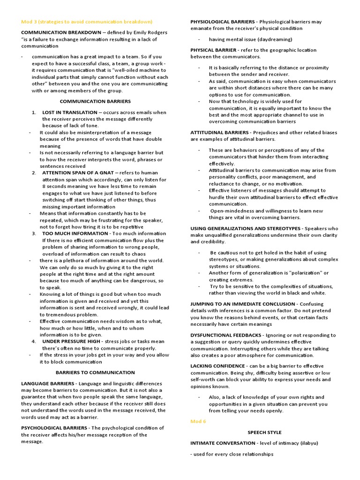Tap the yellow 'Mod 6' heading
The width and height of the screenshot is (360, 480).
point(198,421)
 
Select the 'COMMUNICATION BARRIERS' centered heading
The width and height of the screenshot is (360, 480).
point(95,101)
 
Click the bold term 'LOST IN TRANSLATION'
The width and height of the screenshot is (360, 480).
point(69,112)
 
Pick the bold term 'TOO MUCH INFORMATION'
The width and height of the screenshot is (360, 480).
point(75,233)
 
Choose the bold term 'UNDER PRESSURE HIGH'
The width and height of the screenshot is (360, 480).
point(71,341)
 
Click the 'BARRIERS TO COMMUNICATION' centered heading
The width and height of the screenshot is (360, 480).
point(95,372)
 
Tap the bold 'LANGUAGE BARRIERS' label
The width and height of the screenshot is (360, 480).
point(48,383)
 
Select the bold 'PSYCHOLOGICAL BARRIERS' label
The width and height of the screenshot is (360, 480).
point(54,428)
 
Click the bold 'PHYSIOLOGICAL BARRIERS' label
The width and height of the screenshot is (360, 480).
point(223,22)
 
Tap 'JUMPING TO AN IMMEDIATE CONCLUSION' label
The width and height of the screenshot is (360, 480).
point(242,304)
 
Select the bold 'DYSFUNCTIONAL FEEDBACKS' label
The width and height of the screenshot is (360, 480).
point(226,335)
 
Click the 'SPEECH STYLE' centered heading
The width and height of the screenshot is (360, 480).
point(264,432)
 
